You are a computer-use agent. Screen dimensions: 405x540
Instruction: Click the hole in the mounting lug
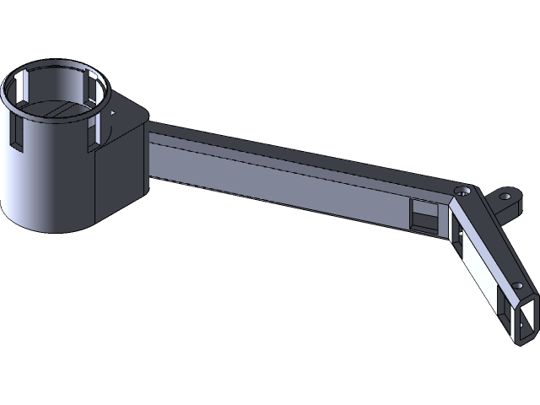tap(505, 196)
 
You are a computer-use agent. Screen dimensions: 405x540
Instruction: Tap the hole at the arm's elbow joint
tap(461, 192)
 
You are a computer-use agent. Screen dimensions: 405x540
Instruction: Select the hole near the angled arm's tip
tap(518, 285)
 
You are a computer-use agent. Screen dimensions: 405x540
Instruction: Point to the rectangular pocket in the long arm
tap(424, 214)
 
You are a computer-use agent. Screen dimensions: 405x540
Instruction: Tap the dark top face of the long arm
tap(295, 152)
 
